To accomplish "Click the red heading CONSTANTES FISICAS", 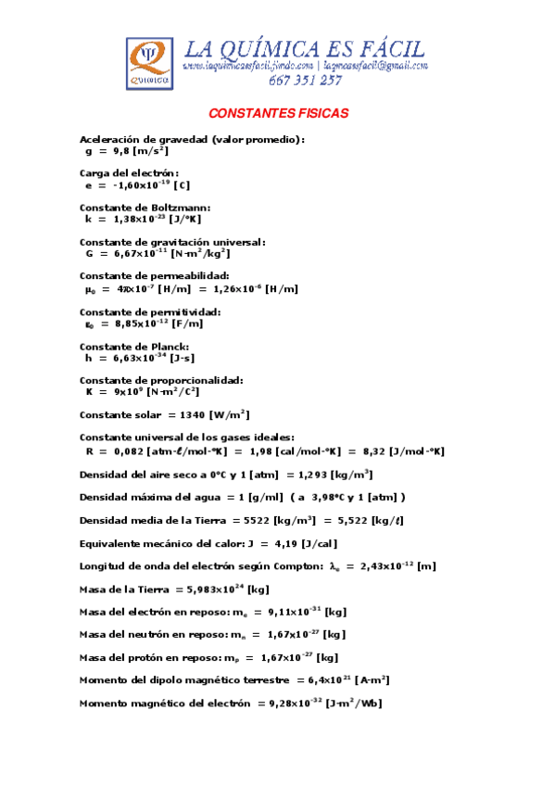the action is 278,113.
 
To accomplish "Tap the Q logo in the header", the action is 149,64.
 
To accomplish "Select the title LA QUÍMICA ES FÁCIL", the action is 306,49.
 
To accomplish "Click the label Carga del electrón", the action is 129,173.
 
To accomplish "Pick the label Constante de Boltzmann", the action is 145,208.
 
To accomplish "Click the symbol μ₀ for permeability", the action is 90,289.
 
